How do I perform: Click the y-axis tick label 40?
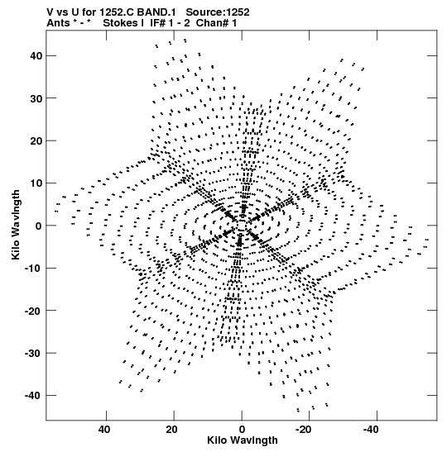click(36, 55)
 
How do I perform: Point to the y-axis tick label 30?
click(36, 98)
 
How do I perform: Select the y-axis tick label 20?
click(36, 140)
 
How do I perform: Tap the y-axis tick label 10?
click(36, 183)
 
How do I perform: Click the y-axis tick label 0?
click(39, 226)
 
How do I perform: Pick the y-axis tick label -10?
click(33, 268)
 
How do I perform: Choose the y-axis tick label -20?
click(33, 311)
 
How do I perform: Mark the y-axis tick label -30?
click(33, 353)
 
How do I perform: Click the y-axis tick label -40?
click(33, 396)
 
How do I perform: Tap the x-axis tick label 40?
click(104, 430)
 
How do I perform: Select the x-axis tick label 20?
click(171, 430)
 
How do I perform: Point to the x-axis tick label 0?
click(242, 430)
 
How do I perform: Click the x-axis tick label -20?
click(303, 430)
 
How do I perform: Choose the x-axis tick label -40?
click(371, 430)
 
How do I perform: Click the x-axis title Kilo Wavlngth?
click(243, 440)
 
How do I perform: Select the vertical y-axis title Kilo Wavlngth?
click(16, 225)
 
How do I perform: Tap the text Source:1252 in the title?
click(218, 12)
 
